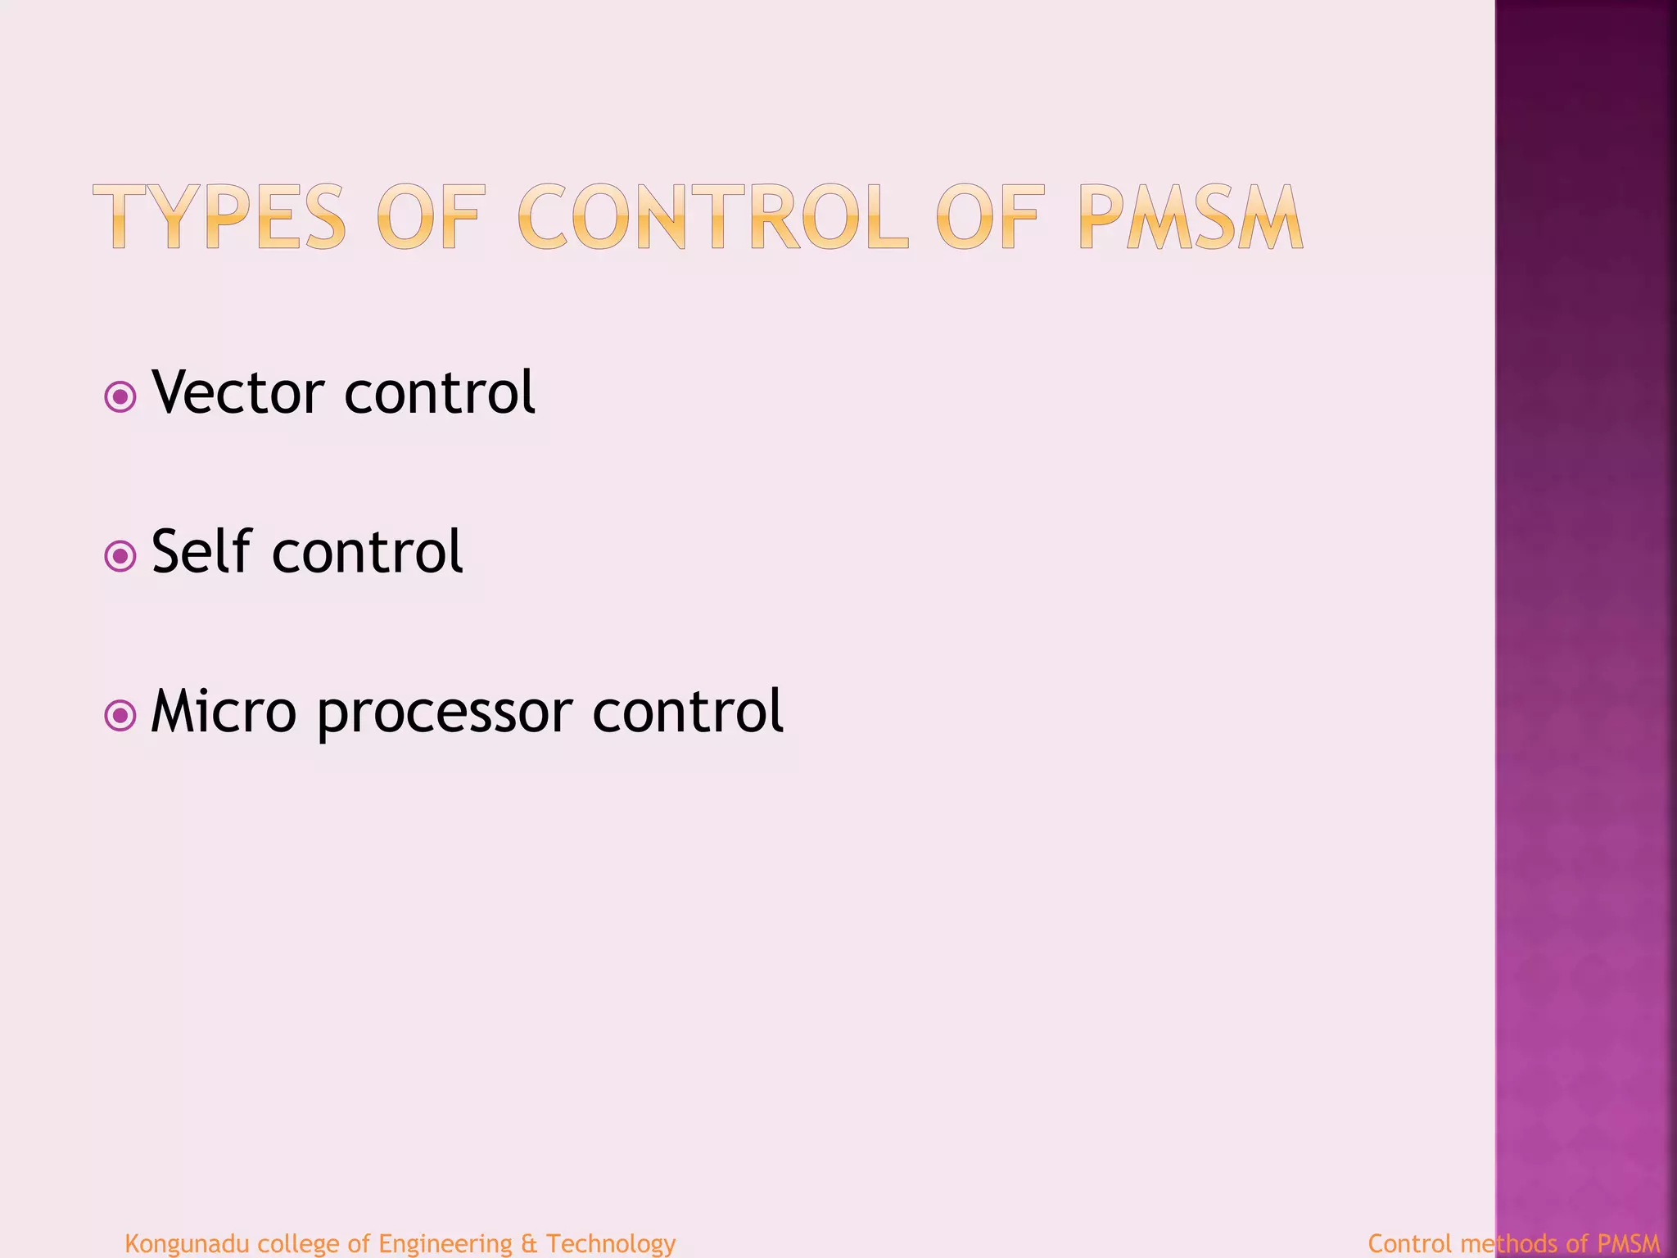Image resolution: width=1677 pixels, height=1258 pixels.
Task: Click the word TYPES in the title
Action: [x=219, y=217]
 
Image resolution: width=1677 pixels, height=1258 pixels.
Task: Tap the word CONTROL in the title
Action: [x=712, y=217]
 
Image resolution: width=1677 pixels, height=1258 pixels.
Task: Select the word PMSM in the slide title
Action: [x=1190, y=217]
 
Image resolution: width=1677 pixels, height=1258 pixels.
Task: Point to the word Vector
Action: [x=238, y=392]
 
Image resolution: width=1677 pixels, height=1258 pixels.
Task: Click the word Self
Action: [x=201, y=551]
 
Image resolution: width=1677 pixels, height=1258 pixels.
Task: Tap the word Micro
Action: [x=224, y=711]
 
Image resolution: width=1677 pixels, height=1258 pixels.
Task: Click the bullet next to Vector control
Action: [x=120, y=398]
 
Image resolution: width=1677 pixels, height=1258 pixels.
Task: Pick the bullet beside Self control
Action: [x=120, y=557]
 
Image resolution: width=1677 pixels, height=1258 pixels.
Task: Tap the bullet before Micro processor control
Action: [x=120, y=716]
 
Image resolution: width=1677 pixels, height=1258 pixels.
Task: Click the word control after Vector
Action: [x=440, y=392]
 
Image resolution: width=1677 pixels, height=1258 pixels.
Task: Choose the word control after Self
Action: [x=368, y=551]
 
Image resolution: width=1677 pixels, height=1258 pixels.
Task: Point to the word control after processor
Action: [x=688, y=711]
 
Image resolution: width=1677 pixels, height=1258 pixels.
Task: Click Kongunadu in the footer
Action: [x=187, y=1243]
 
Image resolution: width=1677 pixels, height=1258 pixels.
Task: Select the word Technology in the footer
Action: [x=611, y=1243]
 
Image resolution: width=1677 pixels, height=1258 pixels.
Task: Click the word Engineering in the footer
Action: [x=445, y=1243]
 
